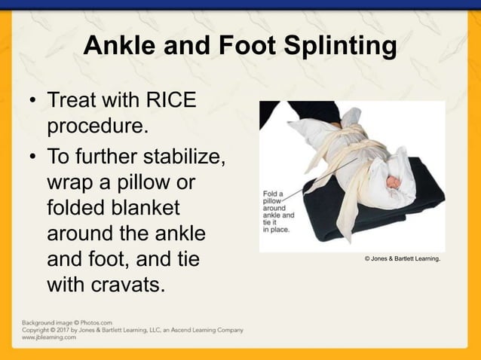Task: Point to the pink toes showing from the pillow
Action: click(x=393, y=182)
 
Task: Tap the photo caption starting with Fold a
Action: click(x=279, y=210)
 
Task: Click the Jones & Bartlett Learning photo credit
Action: click(x=402, y=260)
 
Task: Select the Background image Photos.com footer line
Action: click(x=66, y=322)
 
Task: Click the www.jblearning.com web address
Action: click(x=48, y=337)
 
